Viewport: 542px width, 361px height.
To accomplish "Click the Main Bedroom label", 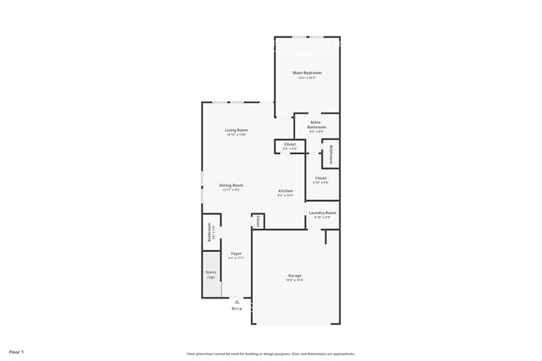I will (x=307, y=73).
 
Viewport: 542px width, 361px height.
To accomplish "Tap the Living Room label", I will (x=236, y=130).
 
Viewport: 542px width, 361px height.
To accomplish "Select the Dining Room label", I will (x=231, y=185).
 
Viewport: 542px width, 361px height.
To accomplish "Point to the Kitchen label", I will (x=285, y=191).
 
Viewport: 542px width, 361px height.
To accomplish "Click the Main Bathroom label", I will (x=316, y=125).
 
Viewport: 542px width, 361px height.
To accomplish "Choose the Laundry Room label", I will (x=322, y=213).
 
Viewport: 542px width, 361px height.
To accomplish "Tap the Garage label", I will (x=295, y=275).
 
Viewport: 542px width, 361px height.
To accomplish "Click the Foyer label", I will (x=236, y=253).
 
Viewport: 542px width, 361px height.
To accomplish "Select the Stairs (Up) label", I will (x=211, y=274).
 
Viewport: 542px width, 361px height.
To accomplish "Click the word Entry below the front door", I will (x=236, y=308).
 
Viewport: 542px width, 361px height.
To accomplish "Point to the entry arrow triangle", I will (x=236, y=302).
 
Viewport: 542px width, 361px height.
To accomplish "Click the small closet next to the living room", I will (x=289, y=146).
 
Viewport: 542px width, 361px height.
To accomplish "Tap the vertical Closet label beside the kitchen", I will (x=258, y=221).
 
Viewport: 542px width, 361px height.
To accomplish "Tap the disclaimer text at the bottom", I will (x=271, y=353).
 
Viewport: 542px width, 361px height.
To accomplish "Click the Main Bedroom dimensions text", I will (x=307, y=78).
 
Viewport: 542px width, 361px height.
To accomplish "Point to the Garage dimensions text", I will (x=295, y=280).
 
